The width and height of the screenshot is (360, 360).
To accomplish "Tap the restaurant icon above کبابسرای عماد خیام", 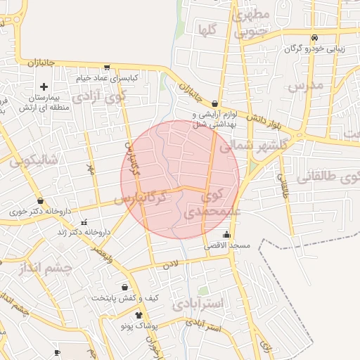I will click(x=106, y=68).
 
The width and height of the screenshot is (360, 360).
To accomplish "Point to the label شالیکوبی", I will click(x=35, y=160).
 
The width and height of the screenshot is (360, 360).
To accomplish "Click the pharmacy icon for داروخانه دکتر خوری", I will click(x=40, y=200).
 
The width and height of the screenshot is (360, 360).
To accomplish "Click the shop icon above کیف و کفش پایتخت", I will click(x=125, y=287).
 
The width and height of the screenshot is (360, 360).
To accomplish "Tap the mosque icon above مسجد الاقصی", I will click(x=226, y=236).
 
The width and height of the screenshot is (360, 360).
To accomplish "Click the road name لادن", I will click(x=171, y=265).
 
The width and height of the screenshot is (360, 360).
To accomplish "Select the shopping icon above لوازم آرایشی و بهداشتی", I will click(x=214, y=103).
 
